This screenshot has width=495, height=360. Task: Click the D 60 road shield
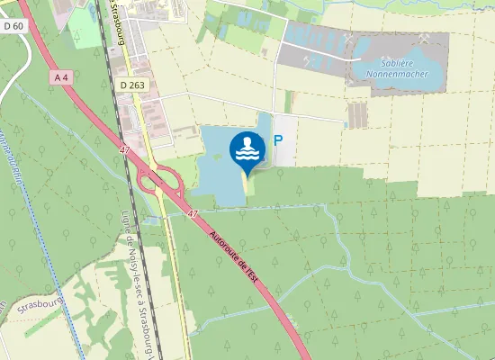(x=13, y=26)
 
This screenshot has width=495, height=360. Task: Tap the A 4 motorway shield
(x=62, y=78)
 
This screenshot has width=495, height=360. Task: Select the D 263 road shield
(x=130, y=84)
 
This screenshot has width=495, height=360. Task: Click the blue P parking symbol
(x=279, y=141)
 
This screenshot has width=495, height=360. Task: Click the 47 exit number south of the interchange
(x=193, y=213)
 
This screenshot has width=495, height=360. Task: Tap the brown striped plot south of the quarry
(x=357, y=114)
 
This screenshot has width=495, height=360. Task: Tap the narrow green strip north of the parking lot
(x=288, y=101)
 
